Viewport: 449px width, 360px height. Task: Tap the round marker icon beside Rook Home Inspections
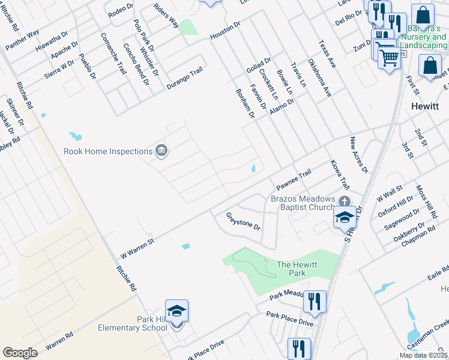161,150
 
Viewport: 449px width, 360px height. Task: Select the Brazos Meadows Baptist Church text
302,203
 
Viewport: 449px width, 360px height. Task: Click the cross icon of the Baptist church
344,201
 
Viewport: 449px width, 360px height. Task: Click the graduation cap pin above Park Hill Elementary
176,311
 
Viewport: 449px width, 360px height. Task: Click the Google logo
20,353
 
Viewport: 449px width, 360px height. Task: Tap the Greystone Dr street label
243,221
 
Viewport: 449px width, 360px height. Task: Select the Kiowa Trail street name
340,174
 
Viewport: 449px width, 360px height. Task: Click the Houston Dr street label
225,31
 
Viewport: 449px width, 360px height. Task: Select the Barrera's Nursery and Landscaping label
423,37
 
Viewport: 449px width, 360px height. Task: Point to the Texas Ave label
328,55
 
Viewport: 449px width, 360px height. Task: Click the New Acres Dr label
359,155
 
